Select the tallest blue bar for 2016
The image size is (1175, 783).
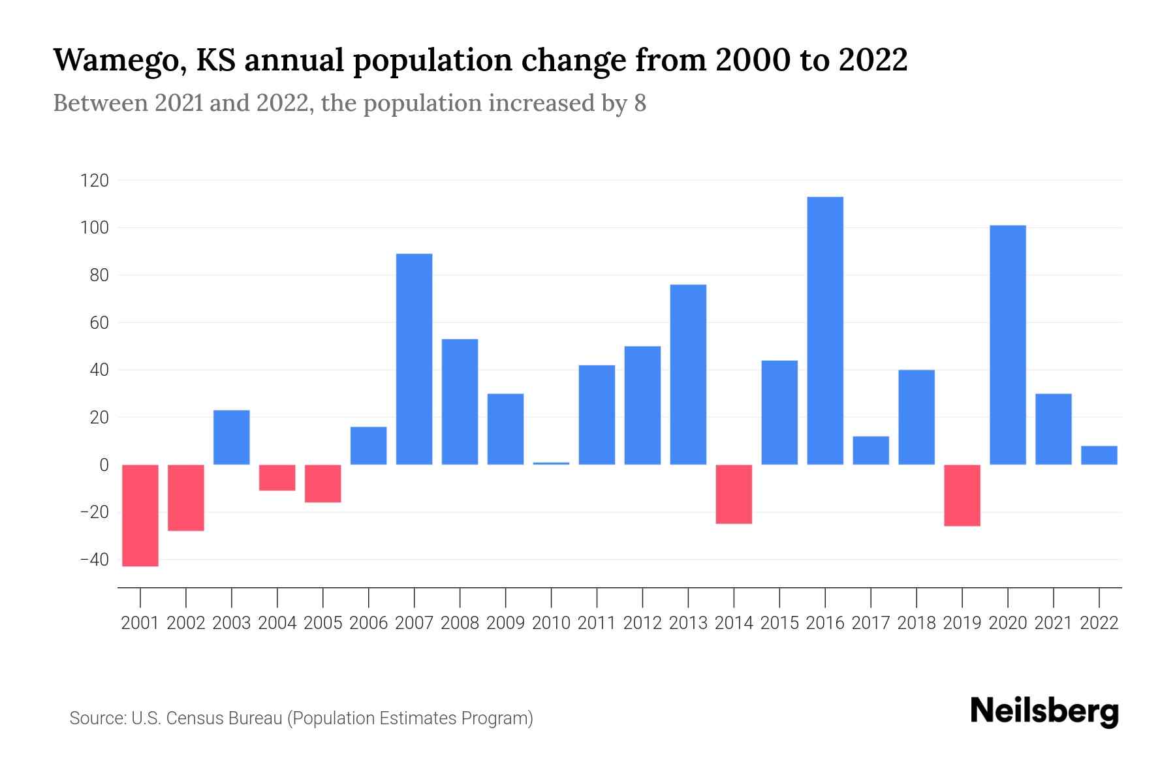point(825,331)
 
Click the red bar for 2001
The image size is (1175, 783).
point(140,515)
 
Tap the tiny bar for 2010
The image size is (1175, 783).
point(551,463)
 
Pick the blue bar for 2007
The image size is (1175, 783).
point(414,359)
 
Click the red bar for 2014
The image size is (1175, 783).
point(734,494)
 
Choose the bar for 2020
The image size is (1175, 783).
point(1007,345)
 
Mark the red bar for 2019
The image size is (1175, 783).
point(962,495)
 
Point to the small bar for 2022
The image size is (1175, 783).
point(1099,455)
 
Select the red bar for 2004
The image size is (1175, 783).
point(277,478)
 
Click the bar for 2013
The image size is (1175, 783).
point(688,375)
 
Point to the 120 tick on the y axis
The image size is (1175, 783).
point(94,181)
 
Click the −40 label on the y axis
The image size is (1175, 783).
point(94,560)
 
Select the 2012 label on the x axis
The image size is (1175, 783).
point(642,623)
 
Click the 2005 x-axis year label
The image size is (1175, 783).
point(323,623)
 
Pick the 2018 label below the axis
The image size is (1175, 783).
point(916,623)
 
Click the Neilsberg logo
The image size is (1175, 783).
point(1044,711)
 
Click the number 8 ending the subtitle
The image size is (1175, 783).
point(640,103)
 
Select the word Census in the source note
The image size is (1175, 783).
point(193,718)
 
